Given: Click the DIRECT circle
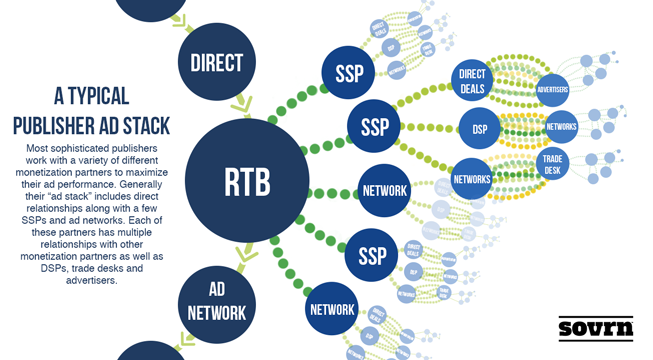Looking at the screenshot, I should [217, 63].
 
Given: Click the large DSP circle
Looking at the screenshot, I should [479, 128].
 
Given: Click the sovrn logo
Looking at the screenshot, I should [596, 327].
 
